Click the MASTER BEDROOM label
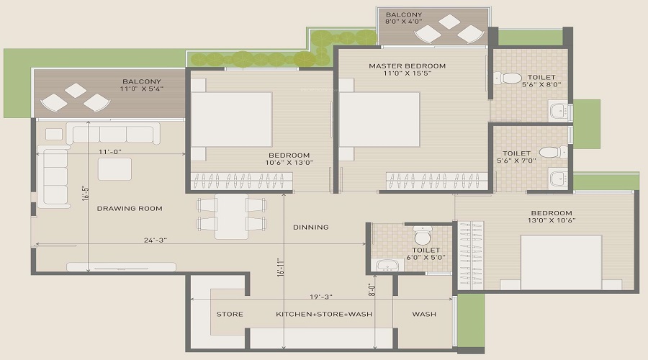click(x=407, y=66)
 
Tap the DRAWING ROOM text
click(x=130, y=209)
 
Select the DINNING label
click(x=311, y=228)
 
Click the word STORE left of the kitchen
click(x=230, y=314)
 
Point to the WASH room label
click(x=424, y=314)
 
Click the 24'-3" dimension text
click(x=156, y=240)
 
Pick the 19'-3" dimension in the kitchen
click(x=321, y=297)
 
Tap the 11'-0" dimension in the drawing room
click(x=110, y=152)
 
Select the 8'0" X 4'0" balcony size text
click(x=404, y=22)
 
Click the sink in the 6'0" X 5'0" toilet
click(x=387, y=265)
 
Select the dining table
click(x=231, y=216)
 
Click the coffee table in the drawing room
click(x=114, y=169)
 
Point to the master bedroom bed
click(x=379, y=120)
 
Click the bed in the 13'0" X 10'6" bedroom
click(x=561, y=263)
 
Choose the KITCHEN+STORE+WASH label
click(x=324, y=314)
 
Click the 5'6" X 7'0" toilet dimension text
click(x=516, y=161)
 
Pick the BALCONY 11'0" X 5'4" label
click(x=142, y=85)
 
